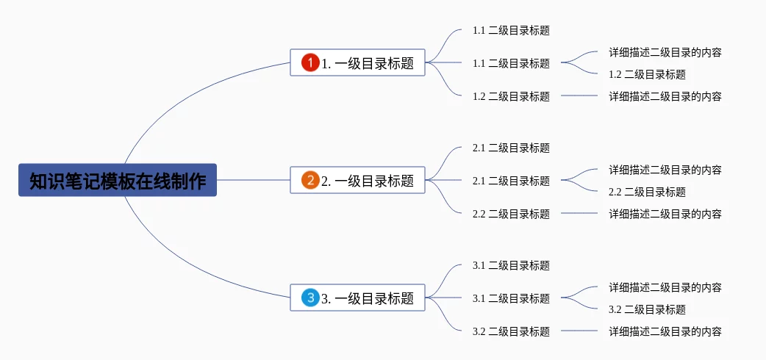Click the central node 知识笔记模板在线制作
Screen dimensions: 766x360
click(117, 180)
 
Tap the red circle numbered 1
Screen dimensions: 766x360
click(310, 62)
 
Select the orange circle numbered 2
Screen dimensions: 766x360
click(310, 180)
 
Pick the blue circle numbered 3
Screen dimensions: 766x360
click(310, 298)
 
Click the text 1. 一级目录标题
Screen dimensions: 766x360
click(368, 63)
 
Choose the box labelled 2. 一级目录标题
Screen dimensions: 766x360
click(357, 180)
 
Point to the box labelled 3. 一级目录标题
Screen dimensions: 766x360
click(357, 298)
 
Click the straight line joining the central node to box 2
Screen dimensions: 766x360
click(253, 180)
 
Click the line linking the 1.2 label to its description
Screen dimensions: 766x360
click(579, 96)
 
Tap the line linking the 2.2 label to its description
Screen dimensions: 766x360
click(579, 213)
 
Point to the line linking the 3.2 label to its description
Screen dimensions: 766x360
click(579, 331)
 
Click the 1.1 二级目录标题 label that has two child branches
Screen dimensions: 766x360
click(511, 63)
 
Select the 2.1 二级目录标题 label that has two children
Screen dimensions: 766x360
click(511, 181)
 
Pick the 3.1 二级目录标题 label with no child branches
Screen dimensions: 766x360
click(511, 265)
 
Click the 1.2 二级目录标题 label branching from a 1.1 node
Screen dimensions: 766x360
click(648, 74)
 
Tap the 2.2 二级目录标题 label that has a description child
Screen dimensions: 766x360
click(511, 214)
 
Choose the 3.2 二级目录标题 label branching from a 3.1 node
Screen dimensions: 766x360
click(648, 309)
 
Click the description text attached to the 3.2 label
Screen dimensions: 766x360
click(665, 331)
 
